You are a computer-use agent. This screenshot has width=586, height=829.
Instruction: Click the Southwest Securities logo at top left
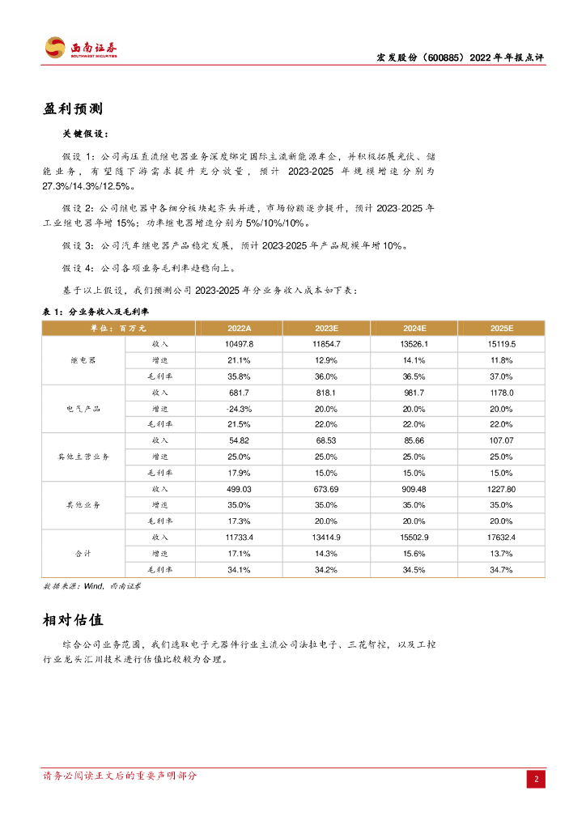[x=80, y=48]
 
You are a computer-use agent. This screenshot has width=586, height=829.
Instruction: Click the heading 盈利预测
[x=73, y=109]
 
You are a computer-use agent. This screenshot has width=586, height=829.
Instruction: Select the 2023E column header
[x=326, y=328]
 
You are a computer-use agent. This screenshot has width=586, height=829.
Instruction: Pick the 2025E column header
[x=502, y=328]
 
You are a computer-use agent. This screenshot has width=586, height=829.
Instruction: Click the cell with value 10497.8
[x=240, y=344]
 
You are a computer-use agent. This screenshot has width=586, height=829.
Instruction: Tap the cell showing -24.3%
[x=240, y=409]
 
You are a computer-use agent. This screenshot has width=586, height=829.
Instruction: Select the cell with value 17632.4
[x=502, y=538]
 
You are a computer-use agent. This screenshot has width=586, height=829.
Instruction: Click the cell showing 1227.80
[x=502, y=489]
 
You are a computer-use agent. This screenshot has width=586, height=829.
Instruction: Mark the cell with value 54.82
[x=240, y=440]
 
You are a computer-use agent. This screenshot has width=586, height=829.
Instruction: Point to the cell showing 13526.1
[x=414, y=344]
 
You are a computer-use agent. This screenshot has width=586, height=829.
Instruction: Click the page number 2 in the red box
[x=536, y=780]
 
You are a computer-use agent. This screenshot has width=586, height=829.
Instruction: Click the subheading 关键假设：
[x=85, y=134]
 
